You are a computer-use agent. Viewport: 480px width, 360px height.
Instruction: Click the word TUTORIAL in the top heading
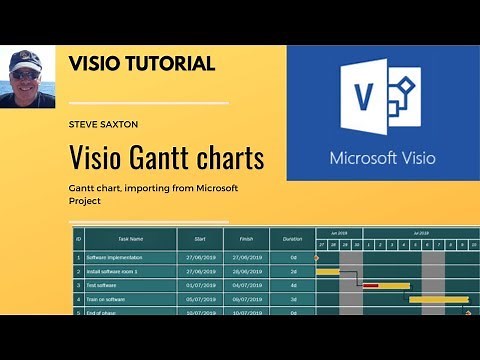click(x=170, y=64)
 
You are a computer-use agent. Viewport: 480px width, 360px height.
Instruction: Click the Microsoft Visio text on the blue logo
click(x=380, y=158)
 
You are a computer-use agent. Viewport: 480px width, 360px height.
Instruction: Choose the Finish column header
click(x=245, y=239)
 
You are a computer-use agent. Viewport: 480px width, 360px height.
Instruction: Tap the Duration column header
click(x=292, y=239)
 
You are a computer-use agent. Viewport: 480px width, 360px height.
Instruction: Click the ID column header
click(x=77, y=239)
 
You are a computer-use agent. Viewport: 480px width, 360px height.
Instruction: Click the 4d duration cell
click(x=293, y=285)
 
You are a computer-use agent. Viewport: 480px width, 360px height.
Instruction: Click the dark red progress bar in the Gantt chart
click(x=371, y=285)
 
